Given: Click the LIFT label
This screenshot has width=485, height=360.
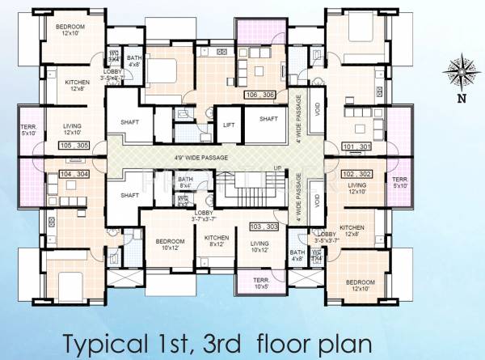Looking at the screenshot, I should [229, 125].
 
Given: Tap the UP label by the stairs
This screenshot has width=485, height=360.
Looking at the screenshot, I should [277, 167].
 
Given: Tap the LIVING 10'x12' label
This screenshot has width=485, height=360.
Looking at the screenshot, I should [259, 245].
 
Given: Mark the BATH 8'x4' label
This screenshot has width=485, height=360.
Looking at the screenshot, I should [185, 181].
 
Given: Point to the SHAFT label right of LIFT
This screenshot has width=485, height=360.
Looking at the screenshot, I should [269, 119].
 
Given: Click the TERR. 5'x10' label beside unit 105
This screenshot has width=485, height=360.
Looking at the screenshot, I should [27, 130].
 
